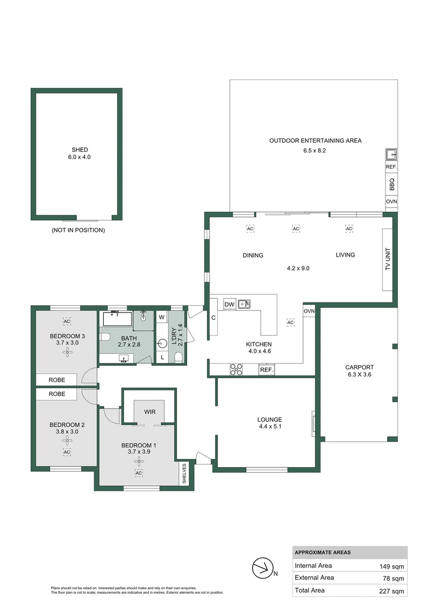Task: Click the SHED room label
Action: [x=78, y=150]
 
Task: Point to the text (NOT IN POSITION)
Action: [x=78, y=230]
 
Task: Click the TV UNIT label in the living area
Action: [x=387, y=260]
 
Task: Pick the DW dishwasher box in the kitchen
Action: [x=229, y=304]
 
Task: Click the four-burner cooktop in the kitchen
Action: [x=236, y=369]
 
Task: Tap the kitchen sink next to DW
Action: [x=244, y=304]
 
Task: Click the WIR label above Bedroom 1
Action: [x=150, y=412]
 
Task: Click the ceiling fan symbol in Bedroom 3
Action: [x=67, y=352]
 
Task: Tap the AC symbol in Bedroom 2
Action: [x=67, y=452]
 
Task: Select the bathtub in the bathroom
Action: [x=117, y=320]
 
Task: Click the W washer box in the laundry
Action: [x=161, y=317]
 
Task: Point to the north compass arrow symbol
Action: [x=261, y=570]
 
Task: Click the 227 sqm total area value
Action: [x=392, y=590]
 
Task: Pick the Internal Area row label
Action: [x=313, y=566]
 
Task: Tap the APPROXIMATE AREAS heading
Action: [x=323, y=552]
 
